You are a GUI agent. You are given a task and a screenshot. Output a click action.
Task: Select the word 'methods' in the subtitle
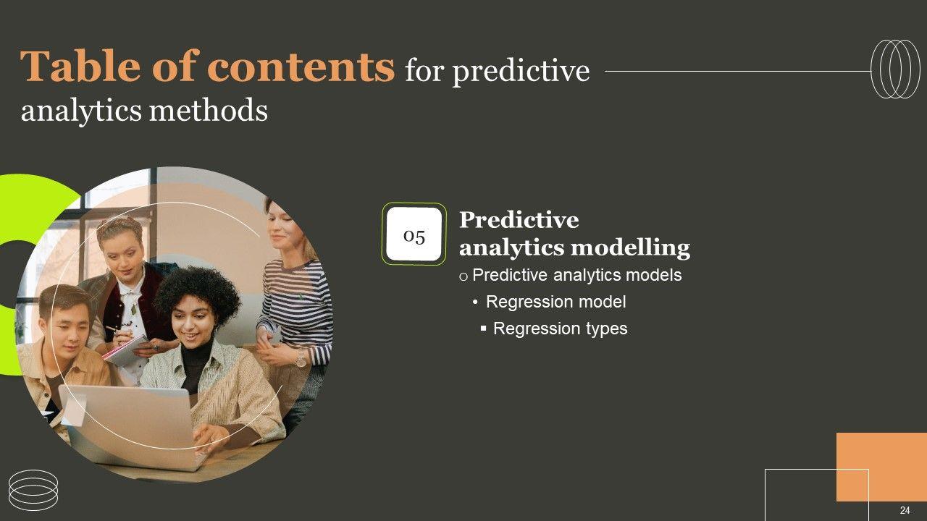click(x=209, y=110)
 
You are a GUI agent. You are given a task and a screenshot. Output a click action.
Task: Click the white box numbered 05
click(x=414, y=234)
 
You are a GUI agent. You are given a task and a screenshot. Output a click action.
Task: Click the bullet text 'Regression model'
click(x=555, y=302)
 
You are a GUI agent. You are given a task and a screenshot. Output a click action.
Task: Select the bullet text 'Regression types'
click(x=561, y=329)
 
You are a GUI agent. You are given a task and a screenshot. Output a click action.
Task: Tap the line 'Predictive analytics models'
click(x=577, y=275)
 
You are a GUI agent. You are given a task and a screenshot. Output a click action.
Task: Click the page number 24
click(x=905, y=510)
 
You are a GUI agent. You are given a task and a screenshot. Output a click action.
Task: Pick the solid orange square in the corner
click(x=881, y=467)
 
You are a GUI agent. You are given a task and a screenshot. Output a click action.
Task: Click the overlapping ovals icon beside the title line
click(x=896, y=69)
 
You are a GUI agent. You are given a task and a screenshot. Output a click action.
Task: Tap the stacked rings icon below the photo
click(x=33, y=491)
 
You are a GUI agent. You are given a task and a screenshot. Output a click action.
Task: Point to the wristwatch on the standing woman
click(x=301, y=358)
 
